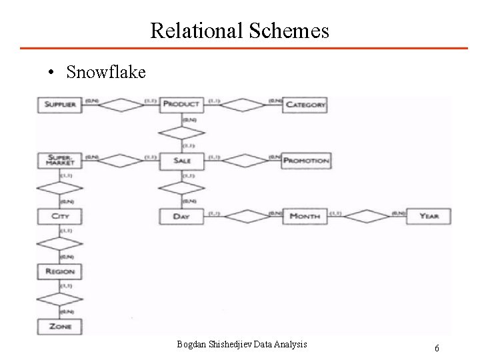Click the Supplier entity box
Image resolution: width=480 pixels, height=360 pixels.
coord(60,105)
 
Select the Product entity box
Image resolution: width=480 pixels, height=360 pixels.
coord(181,105)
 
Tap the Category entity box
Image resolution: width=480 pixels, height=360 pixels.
coord(306,105)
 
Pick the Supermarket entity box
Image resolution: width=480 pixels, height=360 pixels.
coord(60,161)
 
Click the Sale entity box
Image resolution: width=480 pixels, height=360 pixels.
coord(181,161)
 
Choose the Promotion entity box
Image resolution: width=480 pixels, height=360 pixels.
coord(306,161)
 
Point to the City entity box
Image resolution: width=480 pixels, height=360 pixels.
coord(60,216)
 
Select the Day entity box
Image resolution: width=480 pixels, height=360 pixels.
coord(181,216)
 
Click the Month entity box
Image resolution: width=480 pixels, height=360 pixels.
coord(306,216)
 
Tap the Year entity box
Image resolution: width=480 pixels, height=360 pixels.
coord(429,216)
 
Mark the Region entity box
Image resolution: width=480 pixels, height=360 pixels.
coord(60,271)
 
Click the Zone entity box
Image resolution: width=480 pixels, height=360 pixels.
coord(60,327)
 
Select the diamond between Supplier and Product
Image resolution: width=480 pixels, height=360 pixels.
coord(121,105)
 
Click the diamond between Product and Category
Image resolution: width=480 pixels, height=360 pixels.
coord(243,105)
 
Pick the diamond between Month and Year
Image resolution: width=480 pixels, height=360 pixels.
coord(367,216)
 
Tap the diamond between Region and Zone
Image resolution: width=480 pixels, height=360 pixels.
coord(60,299)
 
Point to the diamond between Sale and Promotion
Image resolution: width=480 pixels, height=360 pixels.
coord(243,161)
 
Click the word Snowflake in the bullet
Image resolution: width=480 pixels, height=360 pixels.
coord(106,72)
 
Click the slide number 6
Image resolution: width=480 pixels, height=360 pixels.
coord(437,348)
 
